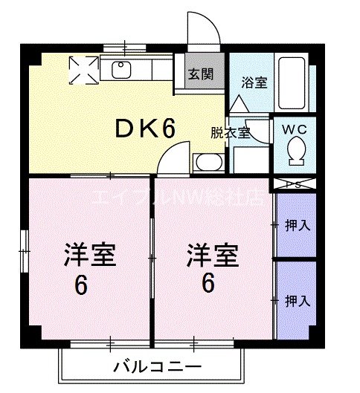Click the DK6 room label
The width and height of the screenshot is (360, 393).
tap(145, 129)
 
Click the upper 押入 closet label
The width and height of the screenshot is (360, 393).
tap(298, 225)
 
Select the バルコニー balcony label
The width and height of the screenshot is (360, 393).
tap(158, 367)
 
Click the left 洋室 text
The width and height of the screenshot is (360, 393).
tap(89, 256)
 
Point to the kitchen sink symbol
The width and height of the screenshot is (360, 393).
tap(122, 71)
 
